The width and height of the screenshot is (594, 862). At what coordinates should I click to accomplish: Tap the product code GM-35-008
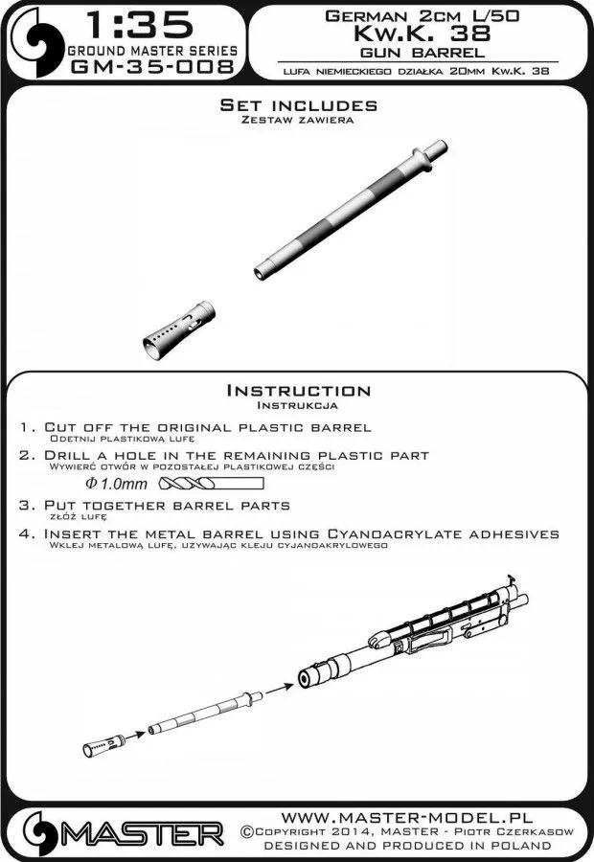click(x=149, y=67)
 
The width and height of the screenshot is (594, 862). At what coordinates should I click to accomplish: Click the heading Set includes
click(x=297, y=105)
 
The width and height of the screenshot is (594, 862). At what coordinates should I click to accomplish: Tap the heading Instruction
click(x=297, y=390)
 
